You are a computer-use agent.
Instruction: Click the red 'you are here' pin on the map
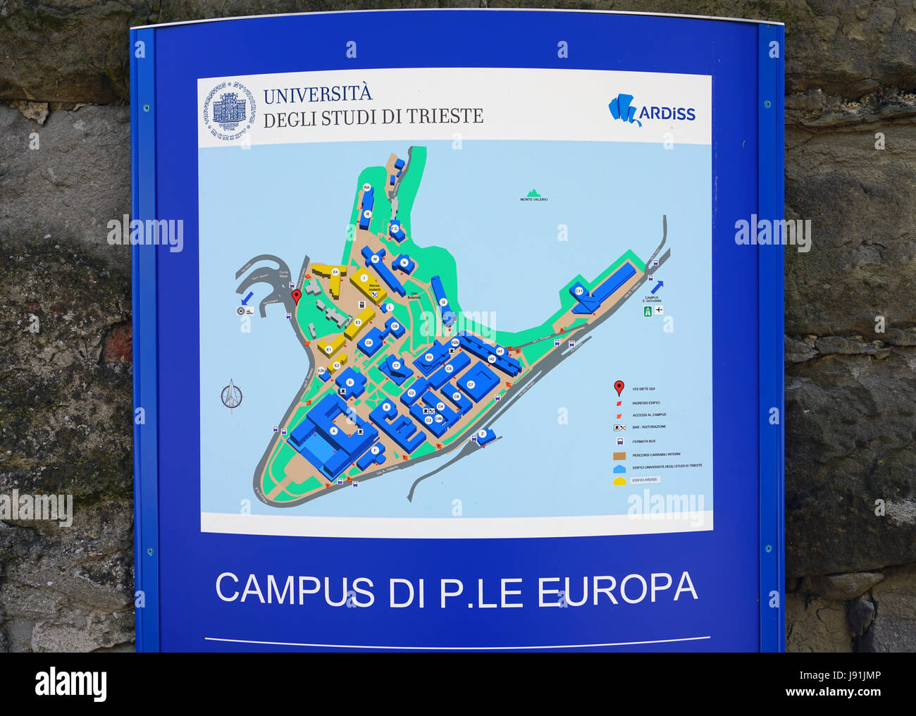(297, 296)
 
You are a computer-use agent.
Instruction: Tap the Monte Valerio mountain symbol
(533, 192)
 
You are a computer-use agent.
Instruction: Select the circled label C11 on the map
(579, 290)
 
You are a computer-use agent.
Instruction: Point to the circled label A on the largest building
(333, 430)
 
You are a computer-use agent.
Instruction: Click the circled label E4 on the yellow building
(335, 271)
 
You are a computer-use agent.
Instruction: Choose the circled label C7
(471, 385)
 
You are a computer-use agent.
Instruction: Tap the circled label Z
(483, 433)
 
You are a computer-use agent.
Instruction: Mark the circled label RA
(366, 187)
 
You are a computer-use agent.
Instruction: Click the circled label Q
(443, 302)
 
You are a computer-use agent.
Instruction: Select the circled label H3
(428, 357)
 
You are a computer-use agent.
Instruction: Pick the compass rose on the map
(231, 395)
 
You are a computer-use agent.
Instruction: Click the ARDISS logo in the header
(651, 111)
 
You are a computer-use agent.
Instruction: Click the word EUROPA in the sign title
(617, 591)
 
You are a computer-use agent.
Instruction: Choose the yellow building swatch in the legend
(619, 481)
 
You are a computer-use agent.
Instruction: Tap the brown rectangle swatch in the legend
(619, 455)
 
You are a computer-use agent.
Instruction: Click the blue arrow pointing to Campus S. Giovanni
(657, 286)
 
